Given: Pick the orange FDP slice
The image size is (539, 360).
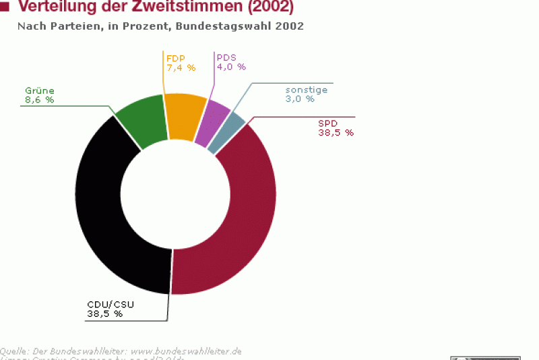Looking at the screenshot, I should coord(184,115).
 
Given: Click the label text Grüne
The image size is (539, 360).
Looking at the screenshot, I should coord(39,90).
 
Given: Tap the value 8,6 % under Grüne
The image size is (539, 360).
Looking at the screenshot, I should coord(39,100).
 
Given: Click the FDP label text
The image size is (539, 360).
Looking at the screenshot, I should coord(175,57).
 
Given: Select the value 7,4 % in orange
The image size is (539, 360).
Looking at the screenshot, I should coord(181,67).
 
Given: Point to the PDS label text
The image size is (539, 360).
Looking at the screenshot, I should coord(226,57).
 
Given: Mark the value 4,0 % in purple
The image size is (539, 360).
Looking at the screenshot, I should coord(231,67).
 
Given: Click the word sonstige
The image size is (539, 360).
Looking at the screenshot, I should coord(306,89).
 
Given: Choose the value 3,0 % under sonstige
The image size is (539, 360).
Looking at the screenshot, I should coord(300,99).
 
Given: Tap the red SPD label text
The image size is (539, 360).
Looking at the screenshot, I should coord(328,123).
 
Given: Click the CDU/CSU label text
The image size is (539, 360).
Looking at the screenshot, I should coord(110,304).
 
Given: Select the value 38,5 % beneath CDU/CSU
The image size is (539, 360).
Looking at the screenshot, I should coord(104,313).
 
